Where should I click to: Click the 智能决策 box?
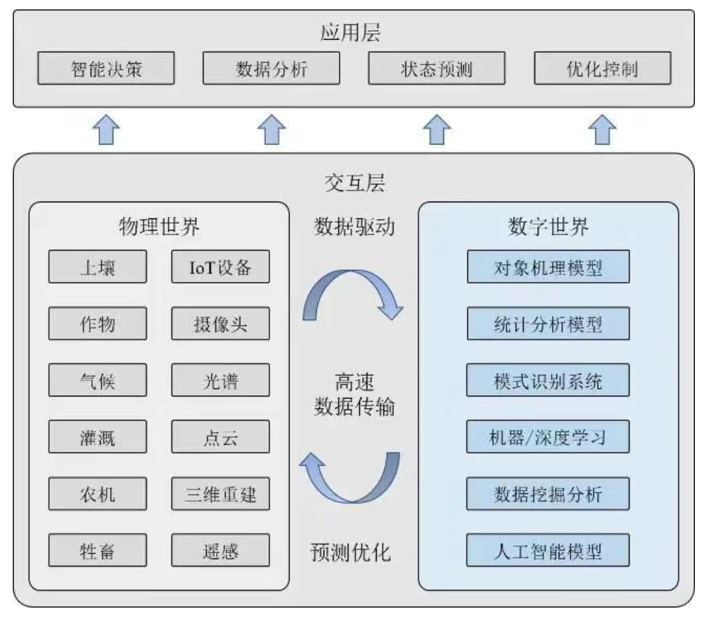pos(106,69)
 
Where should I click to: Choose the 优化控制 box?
pos(602,69)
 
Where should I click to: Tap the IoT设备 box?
pos(220,267)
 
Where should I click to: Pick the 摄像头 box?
pos(220,325)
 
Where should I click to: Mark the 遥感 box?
pos(220,551)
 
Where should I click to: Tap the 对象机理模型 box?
pos(548,267)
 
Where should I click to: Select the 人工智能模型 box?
pos(548,551)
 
